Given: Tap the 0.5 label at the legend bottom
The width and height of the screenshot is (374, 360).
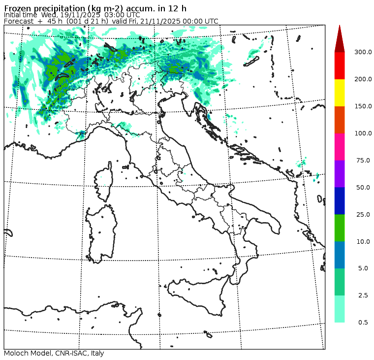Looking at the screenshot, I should point(363,323).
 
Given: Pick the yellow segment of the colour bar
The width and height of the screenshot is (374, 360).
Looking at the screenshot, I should point(340,93).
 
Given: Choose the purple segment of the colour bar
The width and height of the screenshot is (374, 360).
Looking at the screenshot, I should point(340,174).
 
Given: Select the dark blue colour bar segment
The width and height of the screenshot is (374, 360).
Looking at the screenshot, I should point(340,201).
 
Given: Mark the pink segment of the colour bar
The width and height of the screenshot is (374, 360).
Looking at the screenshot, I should point(340,147).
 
